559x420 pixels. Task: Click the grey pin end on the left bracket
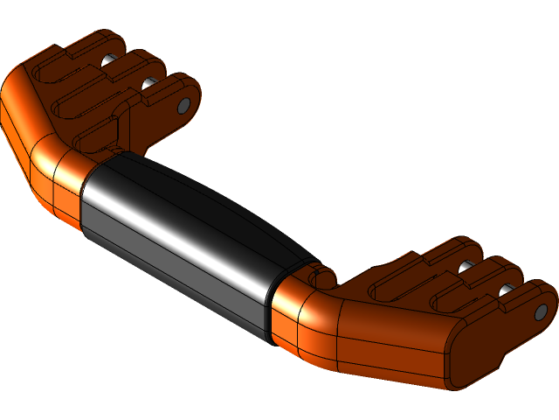[184, 105]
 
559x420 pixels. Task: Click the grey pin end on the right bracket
[542, 311]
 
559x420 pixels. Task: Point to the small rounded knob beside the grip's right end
[322, 278]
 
